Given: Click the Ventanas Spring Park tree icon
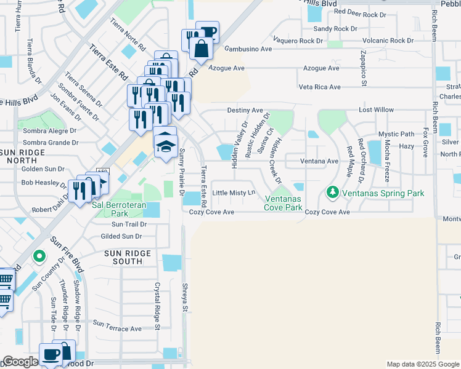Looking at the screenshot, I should coord(333,193).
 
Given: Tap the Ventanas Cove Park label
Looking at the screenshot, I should coord(284,203).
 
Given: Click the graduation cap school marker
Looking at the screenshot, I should coord(165,145).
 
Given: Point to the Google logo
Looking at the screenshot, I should coord(20,362).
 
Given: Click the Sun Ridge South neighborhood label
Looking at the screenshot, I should coord(128,257).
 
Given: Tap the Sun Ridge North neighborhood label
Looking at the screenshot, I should coord(23,156).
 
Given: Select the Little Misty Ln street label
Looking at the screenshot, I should coord(234,193).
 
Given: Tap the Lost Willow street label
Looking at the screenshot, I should coord(377,110).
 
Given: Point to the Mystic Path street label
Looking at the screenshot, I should coord(396,134).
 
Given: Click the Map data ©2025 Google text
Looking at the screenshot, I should coord(422,364).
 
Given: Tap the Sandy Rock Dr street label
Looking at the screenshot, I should coord(335,29).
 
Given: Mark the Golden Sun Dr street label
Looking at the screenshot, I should coord(43,169).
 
